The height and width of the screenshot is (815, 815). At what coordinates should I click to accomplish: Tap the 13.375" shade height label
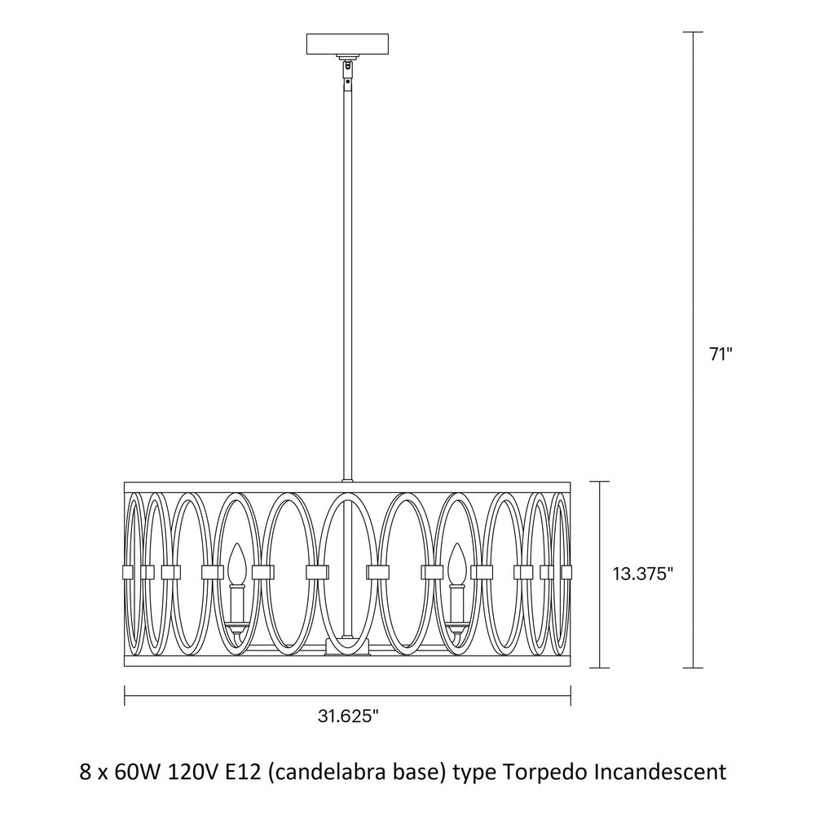643,574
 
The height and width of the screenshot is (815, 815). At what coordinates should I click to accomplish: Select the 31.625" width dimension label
348,716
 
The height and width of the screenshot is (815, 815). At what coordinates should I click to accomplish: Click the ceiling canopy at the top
347,44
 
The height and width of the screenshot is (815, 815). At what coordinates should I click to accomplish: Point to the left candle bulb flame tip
237,544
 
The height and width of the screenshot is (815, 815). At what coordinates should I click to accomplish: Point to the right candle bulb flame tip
457,544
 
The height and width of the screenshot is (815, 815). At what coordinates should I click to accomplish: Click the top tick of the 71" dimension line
694,33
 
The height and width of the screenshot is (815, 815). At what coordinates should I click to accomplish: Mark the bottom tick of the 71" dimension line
694,668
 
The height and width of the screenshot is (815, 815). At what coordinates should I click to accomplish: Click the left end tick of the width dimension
125,695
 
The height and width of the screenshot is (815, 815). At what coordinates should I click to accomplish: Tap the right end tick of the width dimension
570,695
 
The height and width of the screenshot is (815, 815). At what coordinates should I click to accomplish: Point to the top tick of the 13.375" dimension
601,482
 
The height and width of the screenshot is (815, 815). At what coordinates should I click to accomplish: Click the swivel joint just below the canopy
346,67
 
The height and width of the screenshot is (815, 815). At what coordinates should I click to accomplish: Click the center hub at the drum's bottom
347,646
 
